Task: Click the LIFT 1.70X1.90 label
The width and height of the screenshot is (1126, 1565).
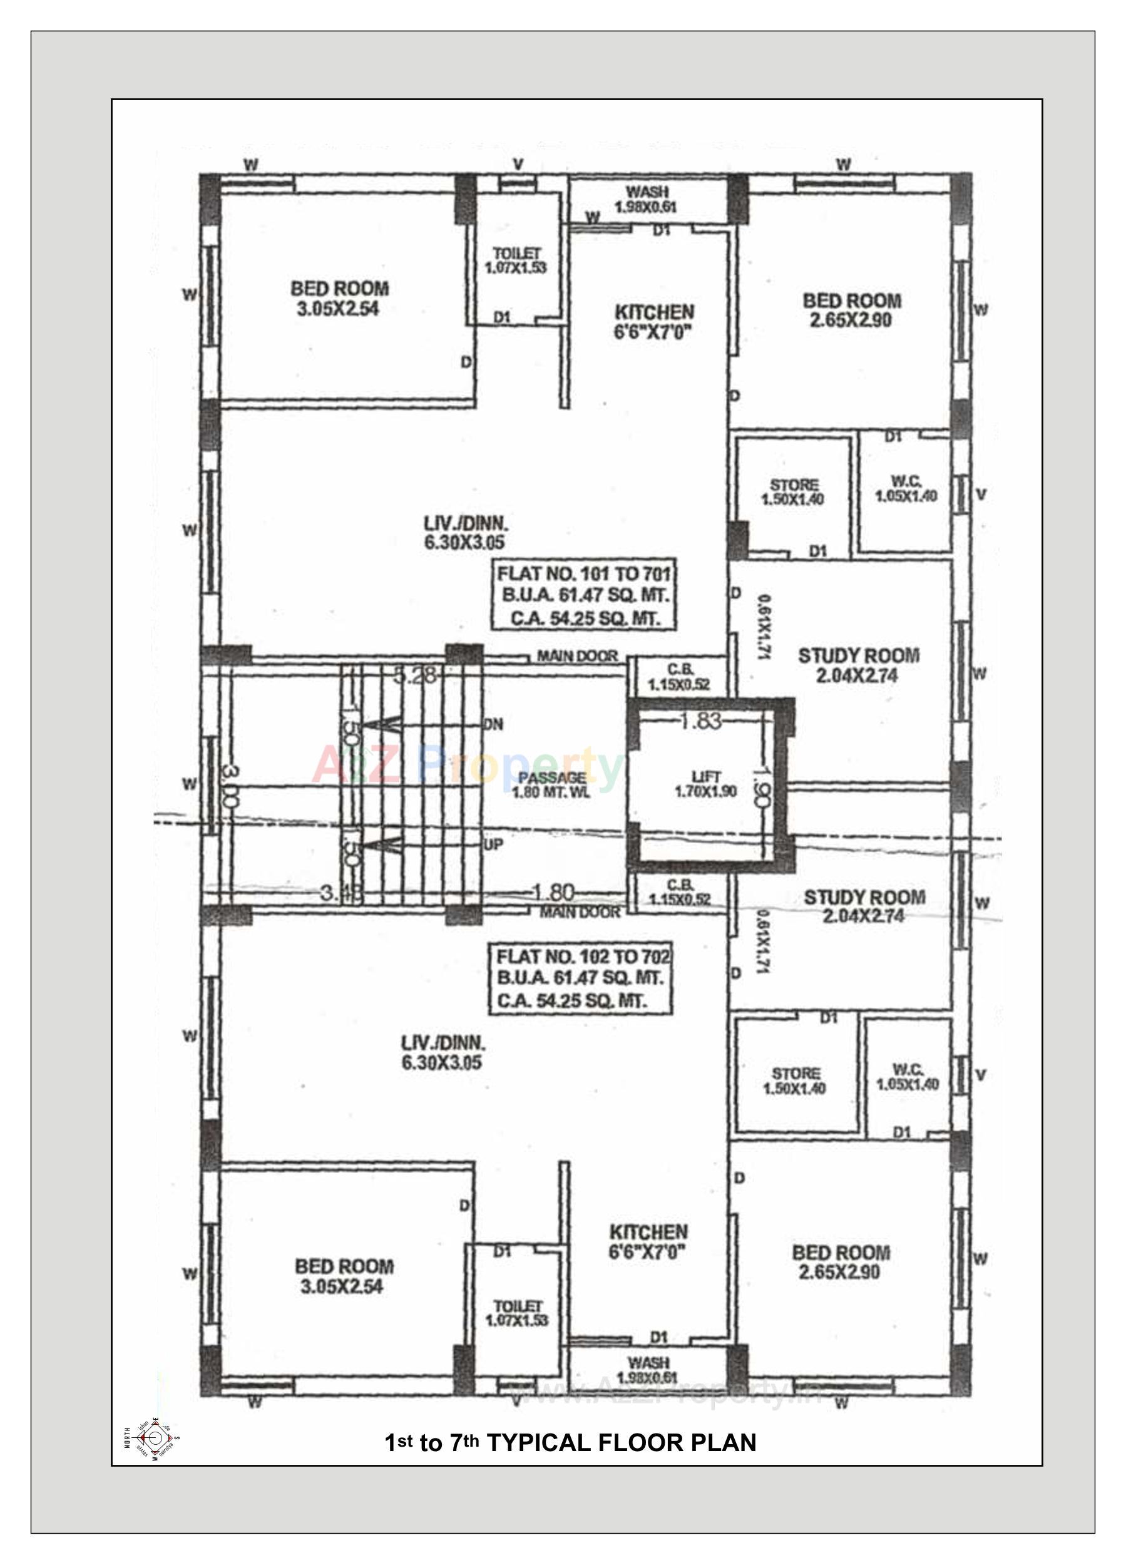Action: tap(706, 784)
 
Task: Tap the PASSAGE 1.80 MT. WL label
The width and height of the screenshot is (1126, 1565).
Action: tap(551, 784)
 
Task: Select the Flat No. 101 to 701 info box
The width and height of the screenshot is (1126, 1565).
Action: tap(583, 595)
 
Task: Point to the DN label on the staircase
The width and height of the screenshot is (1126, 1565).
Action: tap(493, 724)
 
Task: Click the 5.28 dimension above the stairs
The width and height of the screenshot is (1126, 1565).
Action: tap(414, 675)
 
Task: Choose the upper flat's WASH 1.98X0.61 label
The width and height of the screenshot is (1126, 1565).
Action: tap(647, 198)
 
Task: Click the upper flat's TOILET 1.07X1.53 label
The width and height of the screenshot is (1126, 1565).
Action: tap(516, 261)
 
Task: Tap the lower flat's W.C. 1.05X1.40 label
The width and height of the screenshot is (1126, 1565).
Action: tap(908, 1077)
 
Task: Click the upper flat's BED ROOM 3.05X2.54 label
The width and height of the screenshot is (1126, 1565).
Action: tap(339, 298)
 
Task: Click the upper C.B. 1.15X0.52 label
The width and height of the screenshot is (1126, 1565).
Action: tap(679, 677)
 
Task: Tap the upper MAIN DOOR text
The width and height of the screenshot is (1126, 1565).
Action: tap(577, 656)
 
